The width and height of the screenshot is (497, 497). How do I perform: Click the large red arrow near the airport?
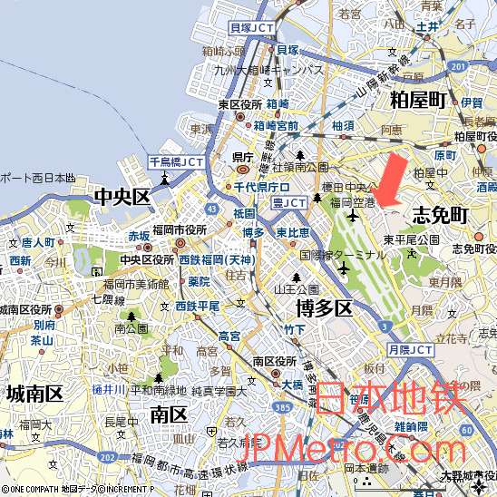coord(391,179)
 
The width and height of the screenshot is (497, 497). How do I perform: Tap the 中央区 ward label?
coord(122,197)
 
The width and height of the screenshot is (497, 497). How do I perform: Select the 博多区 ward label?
coord(324,308)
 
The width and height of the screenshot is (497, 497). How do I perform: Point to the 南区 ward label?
coord(168,415)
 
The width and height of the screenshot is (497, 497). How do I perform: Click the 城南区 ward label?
coord(34,394)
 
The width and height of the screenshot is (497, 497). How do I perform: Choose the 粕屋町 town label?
coord(418,99)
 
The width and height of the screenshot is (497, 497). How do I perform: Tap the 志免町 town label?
coord(440,215)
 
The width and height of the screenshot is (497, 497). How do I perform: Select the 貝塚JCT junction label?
coord(251,28)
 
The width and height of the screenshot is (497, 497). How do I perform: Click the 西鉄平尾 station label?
coord(198,307)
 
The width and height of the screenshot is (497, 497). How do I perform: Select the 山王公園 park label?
coord(297,290)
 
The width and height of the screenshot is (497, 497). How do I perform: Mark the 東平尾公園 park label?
coord(411,239)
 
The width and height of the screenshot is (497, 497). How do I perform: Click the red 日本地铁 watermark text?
coord(392,398)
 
